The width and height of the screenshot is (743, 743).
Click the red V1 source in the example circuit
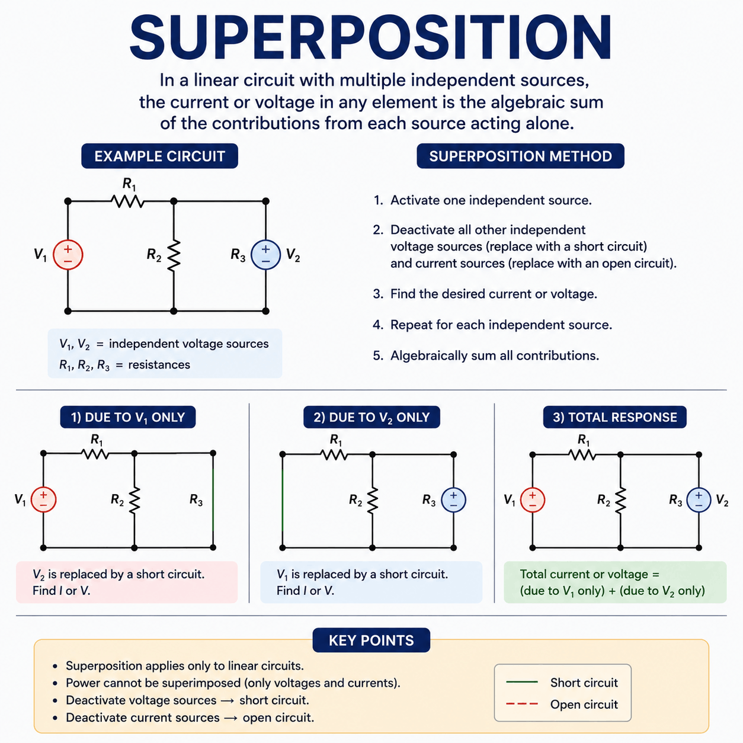[x=68, y=255]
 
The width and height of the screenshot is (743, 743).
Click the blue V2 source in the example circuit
[x=265, y=255]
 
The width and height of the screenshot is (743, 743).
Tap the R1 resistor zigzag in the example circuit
[x=127, y=201]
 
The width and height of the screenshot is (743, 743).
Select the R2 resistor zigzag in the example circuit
[x=174, y=255]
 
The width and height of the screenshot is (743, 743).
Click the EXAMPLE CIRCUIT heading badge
[x=159, y=156]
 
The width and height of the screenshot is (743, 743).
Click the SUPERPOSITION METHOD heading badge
[x=521, y=156]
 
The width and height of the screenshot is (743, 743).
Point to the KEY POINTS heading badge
[x=371, y=640]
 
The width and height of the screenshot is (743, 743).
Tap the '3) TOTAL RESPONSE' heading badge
[x=615, y=417]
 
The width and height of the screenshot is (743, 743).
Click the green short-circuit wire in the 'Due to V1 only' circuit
[x=213, y=500]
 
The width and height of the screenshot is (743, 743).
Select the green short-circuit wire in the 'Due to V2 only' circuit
[x=283, y=500]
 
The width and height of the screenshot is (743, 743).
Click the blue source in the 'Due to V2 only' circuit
[x=453, y=500]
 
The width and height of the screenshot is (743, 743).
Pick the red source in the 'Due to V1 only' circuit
[x=44, y=499]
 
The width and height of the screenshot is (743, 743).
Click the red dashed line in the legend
[x=521, y=704]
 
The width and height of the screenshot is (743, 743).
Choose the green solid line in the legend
[x=521, y=682]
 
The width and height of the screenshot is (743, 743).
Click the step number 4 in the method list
[x=378, y=325]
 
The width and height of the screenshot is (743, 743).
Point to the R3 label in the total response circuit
[x=675, y=500]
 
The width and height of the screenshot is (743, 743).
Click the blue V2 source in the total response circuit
[x=699, y=500]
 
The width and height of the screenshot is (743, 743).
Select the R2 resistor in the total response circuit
[x=620, y=500]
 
